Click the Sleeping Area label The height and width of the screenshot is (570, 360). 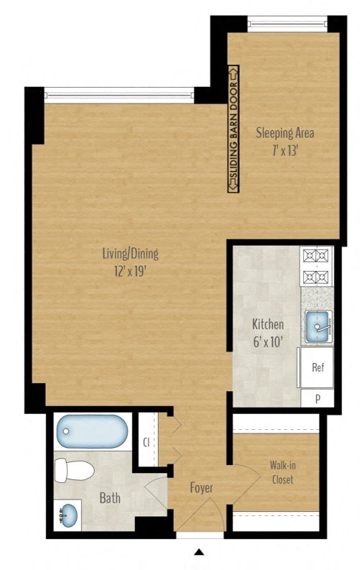[x=285, y=133]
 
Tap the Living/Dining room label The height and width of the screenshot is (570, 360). [x=129, y=253]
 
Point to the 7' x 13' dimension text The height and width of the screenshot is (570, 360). [x=285, y=151]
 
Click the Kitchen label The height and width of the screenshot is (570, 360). [x=267, y=324]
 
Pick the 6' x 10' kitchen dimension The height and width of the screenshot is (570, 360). [x=267, y=342]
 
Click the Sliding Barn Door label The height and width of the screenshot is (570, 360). [x=232, y=129]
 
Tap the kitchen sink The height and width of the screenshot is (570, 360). [x=318, y=327]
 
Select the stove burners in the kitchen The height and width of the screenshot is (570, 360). [x=315, y=267]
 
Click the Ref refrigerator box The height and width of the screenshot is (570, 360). [x=318, y=367]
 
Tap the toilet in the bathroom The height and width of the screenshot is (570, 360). [x=75, y=471]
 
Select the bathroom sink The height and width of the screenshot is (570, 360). [x=68, y=515]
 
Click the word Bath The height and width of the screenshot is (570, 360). [x=110, y=498]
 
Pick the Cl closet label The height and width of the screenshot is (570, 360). [x=146, y=442]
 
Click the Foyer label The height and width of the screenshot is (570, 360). [x=201, y=489]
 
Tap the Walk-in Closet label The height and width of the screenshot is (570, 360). [x=282, y=472]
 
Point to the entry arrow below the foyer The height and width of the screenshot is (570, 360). [x=198, y=553]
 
